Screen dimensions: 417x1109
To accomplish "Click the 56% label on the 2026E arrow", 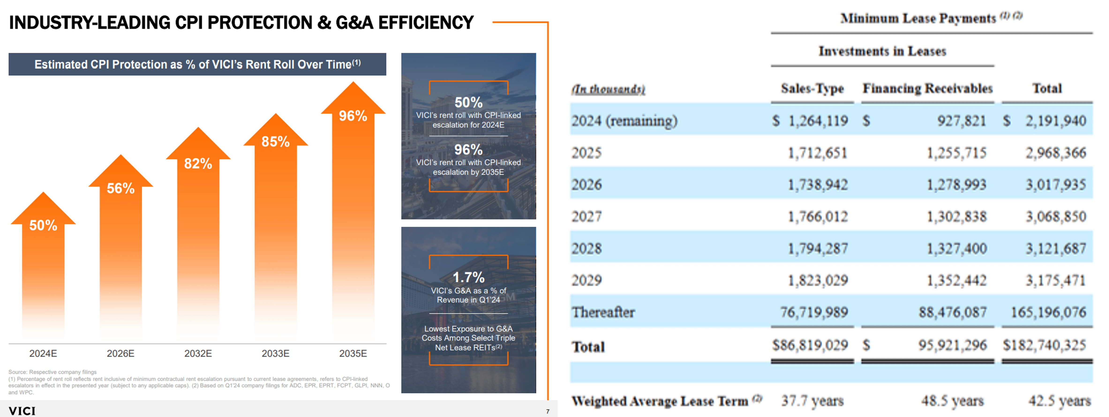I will [120, 189].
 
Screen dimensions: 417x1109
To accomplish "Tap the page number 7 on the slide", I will [548, 411].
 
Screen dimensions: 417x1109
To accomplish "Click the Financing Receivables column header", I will [927, 89].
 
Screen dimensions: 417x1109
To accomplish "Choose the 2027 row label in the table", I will [586, 216].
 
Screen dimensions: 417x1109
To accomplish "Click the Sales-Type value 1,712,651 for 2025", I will [817, 153].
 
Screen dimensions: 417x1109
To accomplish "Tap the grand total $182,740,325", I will [1045, 345].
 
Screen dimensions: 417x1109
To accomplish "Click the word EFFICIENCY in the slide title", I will [426, 23].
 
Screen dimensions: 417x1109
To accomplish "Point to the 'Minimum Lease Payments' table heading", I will [918, 19].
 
